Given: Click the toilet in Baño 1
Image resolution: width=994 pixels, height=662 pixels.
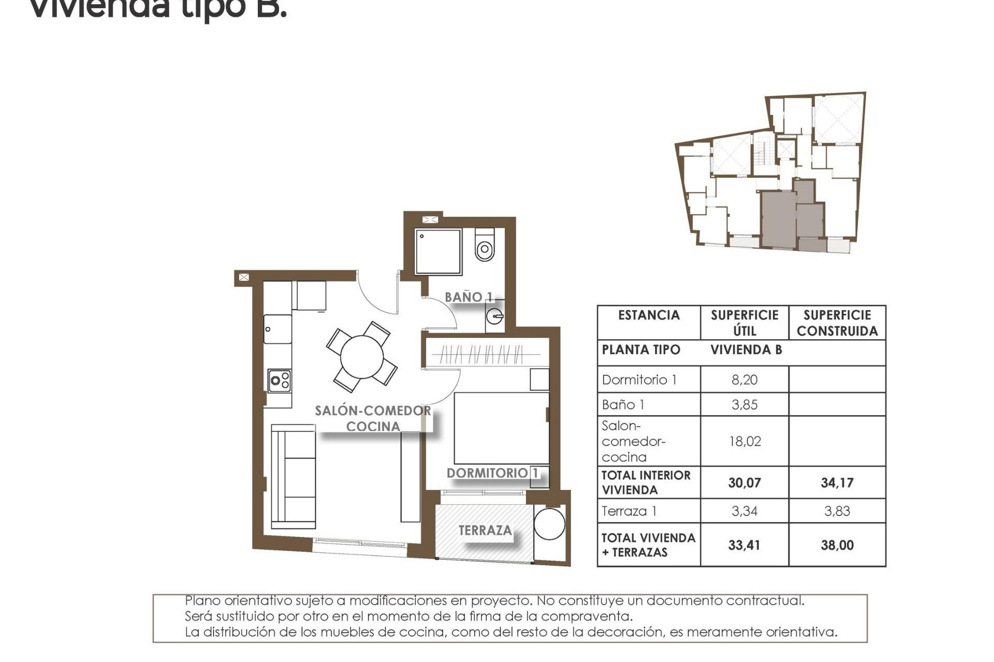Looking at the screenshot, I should tap(485, 247).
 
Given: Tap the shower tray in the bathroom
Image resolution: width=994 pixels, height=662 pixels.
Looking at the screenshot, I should tap(438, 252).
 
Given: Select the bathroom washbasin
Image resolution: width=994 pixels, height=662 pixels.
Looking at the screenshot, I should tap(495, 315).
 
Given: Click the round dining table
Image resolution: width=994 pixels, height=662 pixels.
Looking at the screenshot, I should tap(362, 357).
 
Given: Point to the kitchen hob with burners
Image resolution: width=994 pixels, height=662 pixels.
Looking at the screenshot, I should tap(280, 381).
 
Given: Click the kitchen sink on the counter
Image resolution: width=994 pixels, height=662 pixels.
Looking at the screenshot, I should tap(277, 329).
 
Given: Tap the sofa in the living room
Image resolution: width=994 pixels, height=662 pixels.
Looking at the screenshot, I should tap(294, 476).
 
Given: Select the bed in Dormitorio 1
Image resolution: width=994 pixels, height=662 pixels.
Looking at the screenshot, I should tap(501, 428).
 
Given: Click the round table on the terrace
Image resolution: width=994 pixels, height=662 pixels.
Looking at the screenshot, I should tap(549, 524).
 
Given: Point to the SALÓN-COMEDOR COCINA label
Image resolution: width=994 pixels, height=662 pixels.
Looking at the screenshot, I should tap(373, 418).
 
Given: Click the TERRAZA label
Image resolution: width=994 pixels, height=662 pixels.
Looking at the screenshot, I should tap(485, 530).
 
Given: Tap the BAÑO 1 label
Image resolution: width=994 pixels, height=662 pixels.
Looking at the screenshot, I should tap(469, 297).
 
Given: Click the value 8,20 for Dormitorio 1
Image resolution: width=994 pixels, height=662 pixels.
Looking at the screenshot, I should tap(744, 380).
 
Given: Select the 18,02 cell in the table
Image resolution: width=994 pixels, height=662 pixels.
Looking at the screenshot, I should tap(744, 441).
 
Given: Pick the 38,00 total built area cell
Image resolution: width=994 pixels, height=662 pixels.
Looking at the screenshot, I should tap(837, 545).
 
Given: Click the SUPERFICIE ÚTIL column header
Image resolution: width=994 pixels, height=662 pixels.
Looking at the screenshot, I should tap(744, 323).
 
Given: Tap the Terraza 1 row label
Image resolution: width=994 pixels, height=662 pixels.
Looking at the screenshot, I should tap(629, 511).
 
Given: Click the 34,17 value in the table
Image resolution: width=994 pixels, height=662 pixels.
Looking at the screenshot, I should tap(837, 483).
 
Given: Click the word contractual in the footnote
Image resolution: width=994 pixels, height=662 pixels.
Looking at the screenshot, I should tap(765, 600).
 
